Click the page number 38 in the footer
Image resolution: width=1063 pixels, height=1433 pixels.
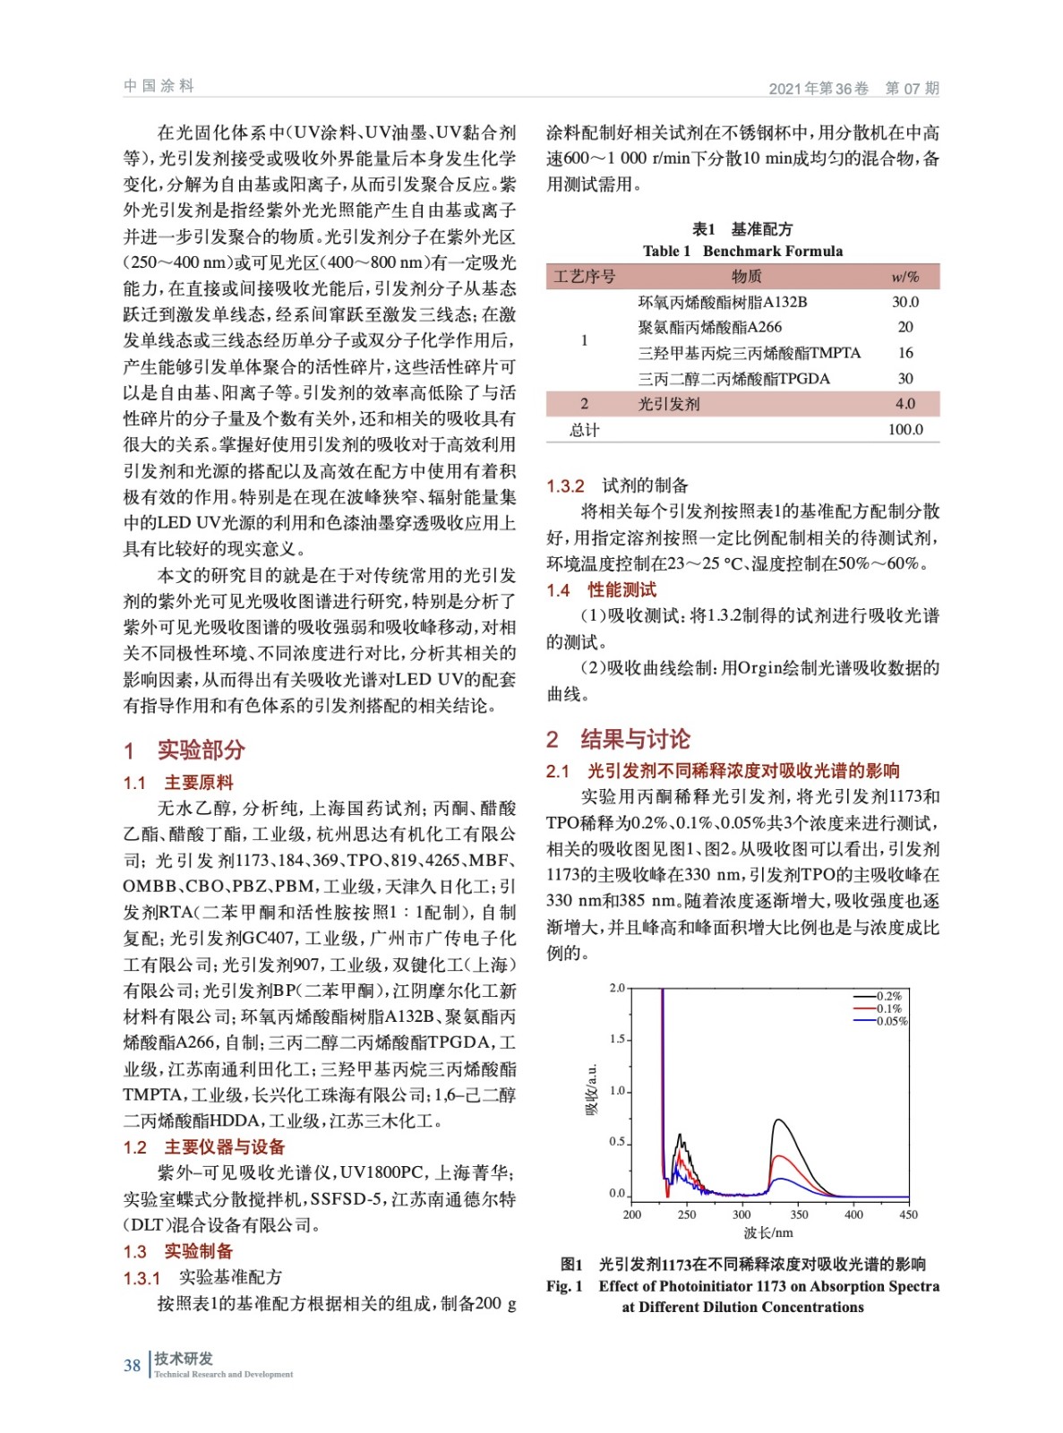click(132, 1366)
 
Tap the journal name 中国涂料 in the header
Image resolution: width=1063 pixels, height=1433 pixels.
click(159, 86)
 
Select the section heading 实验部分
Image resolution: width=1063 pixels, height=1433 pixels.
click(201, 750)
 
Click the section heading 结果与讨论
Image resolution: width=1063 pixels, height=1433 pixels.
click(635, 739)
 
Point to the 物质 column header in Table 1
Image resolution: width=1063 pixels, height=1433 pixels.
click(746, 277)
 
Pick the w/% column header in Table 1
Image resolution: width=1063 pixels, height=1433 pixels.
click(904, 277)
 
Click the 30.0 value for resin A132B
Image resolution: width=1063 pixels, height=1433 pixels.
click(904, 302)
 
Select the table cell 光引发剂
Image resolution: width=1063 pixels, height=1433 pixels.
click(669, 404)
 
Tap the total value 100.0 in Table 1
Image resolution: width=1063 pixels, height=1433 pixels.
click(904, 430)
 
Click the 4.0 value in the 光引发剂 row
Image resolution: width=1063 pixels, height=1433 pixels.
click(904, 404)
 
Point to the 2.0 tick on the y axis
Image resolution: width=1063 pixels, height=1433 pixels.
click(617, 988)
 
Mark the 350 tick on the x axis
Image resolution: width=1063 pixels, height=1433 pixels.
click(799, 1215)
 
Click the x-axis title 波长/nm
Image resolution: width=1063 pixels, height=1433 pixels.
click(768, 1233)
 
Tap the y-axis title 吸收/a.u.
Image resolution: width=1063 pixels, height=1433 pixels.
click(591, 1090)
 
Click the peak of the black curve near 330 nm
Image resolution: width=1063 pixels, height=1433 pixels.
click(777, 1120)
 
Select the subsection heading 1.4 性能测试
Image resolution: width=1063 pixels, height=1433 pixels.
click(602, 590)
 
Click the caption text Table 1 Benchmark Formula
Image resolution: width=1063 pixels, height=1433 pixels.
click(742, 251)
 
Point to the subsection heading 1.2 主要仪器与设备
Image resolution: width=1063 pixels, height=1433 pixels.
click(204, 1147)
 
